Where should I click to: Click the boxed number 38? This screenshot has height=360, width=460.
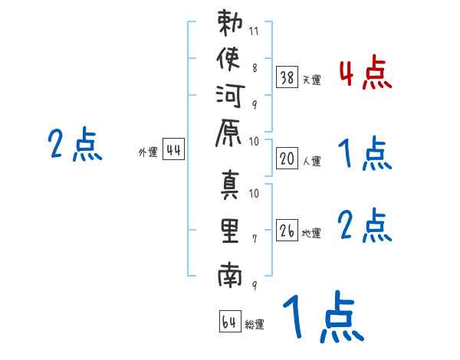[287, 77]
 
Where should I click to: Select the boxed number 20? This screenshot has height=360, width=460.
[287, 159]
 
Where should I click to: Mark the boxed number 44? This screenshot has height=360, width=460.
[173, 151]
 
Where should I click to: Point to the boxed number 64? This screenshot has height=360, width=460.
[229, 322]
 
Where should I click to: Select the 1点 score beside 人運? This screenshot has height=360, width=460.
[365, 155]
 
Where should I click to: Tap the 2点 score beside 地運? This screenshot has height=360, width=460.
[365, 226]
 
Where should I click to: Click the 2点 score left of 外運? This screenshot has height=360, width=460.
[75, 145]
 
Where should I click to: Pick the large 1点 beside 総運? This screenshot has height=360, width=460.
[321, 318]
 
